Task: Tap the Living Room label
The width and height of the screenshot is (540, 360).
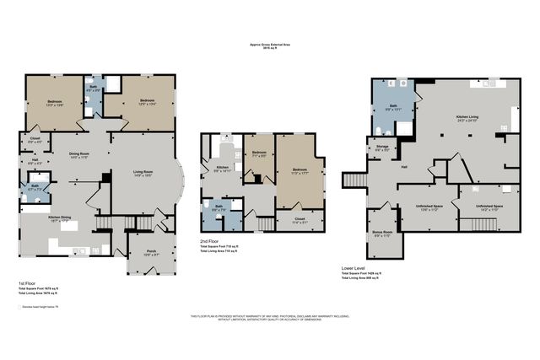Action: (x=142, y=174)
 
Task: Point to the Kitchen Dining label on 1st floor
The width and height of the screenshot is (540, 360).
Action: (x=46, y=219)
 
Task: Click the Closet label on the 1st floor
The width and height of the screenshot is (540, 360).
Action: (x=35, y=139)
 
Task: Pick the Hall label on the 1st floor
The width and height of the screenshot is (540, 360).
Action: (x=35, y=161)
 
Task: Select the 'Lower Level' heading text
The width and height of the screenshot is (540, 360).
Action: (x=354, y=269)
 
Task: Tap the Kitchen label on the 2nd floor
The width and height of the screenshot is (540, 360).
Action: (x=222, y=168)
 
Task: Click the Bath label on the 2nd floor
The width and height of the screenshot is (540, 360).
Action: (x=217, y=206)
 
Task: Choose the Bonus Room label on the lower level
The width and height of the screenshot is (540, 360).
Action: (x=382, y=234)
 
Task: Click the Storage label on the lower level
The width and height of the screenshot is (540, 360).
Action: (x=381, y=148)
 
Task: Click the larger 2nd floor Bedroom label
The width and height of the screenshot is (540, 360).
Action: (x=299, y=169)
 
